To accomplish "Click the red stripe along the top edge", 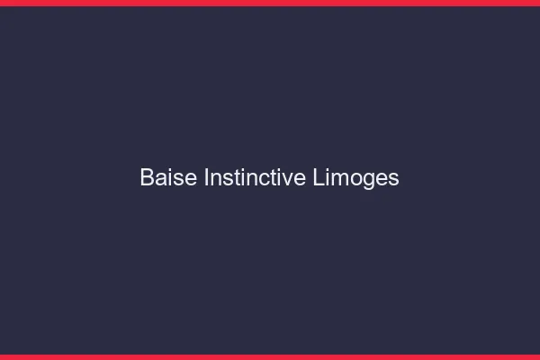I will pos(270,3).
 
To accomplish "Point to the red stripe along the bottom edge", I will pos(270,356).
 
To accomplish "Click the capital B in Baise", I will pos(147,177).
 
